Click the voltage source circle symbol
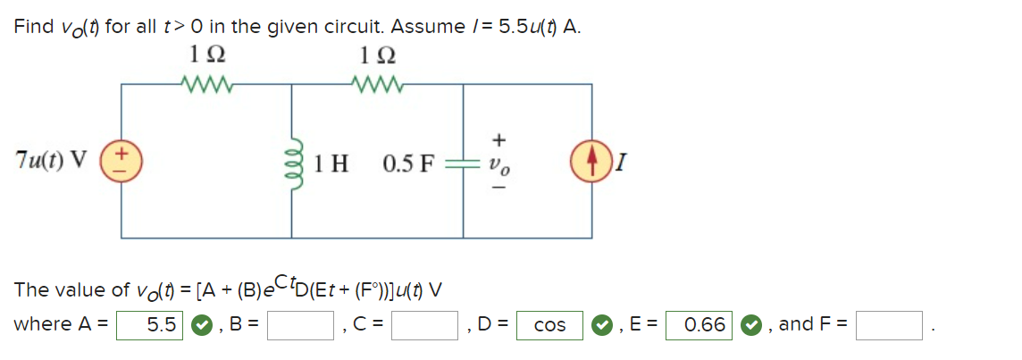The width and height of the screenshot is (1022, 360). (x=121, y=162)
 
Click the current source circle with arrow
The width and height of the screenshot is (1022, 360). (x=591, y=162)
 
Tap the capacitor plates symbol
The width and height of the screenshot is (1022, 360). (x=462, y=163)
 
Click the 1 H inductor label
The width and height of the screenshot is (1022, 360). (x=331, y=163)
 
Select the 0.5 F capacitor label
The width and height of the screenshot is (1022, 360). (x=408, y=163)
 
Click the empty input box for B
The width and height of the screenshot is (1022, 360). (x=300, y=325)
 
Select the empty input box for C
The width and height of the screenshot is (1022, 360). (x=425, y=325)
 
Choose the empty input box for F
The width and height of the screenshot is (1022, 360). (x=889, y=325)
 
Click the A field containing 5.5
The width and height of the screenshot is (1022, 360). (x=151, y=325)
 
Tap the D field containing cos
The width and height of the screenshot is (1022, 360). (x=549, y=325)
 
